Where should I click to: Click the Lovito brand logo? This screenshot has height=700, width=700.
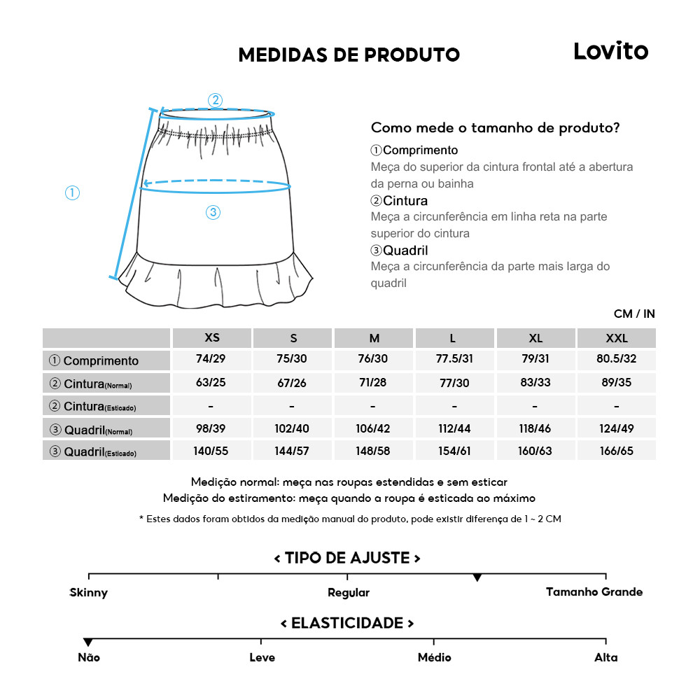tap(610, 51)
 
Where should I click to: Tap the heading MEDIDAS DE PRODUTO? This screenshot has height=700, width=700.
tap(349, 55)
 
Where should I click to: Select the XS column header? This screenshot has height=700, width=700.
tap(212, 338)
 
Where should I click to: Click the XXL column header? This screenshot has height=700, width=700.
tap(616, 338)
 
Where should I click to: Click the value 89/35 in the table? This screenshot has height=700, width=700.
tap(616, 383)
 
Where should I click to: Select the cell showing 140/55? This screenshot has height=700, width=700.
tap(211, 451)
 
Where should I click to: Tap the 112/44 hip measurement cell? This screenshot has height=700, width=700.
tap(454, 428)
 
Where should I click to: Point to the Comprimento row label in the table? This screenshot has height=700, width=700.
tap(100, 361)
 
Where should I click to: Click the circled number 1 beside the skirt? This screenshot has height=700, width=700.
tap(72, 192)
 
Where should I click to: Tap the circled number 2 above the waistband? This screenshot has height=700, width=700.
tap(216, 100)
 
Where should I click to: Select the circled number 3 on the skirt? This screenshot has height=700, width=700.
tap(213, 213)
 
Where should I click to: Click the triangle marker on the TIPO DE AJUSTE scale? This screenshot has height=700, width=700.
tap(477, 577)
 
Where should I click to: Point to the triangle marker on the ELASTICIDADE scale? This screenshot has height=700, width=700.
tap(88, 643)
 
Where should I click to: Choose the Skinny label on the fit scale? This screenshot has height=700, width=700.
tap(89, 593)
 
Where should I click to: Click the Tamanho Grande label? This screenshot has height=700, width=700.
tap(594, 592)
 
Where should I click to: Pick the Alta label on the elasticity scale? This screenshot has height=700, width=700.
tap(606, 658)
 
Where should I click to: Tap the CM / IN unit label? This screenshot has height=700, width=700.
tap(634, 314)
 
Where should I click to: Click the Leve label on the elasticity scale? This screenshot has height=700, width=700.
tap(262, 658)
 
